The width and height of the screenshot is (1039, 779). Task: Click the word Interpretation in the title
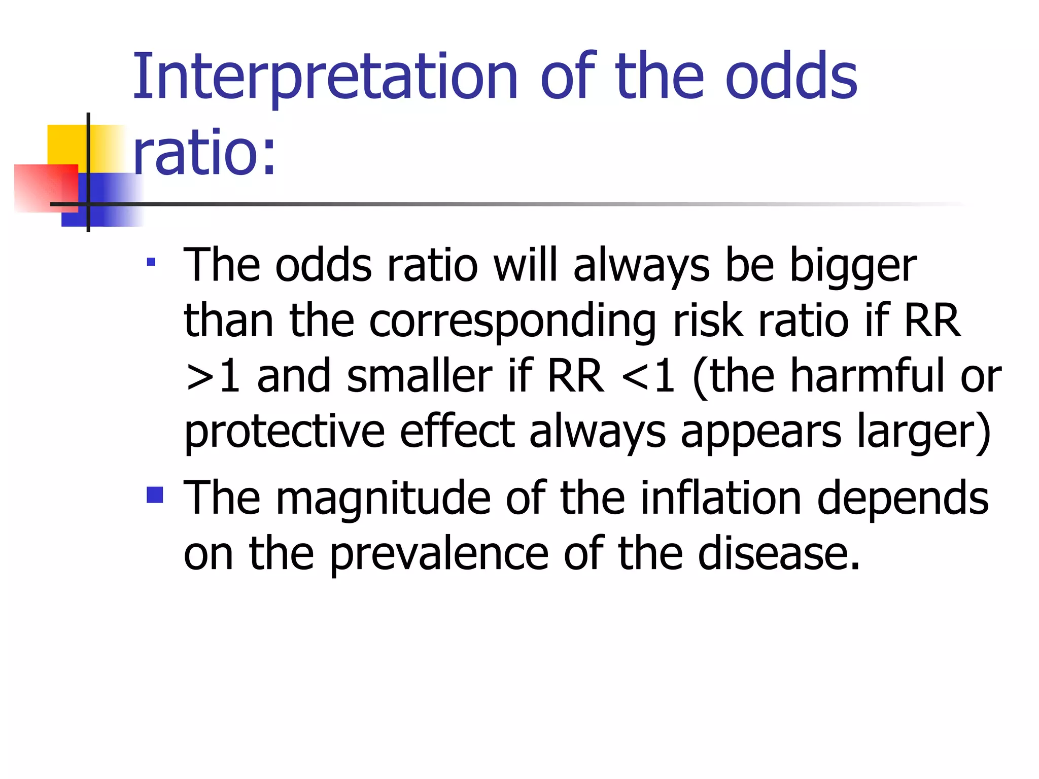(x=325, y=77)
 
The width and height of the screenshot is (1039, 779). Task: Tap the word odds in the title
(x=791, y=77)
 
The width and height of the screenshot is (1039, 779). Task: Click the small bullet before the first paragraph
(x=151, y=263)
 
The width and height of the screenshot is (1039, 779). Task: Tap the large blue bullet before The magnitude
(x=155, y=494)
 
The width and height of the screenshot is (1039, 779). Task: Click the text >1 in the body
(x=213, y=376)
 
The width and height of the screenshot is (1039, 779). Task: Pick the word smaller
(x=419, y=376)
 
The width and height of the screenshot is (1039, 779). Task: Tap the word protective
(x=284, y=432)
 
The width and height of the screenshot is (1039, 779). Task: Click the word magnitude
(x=383, y=499)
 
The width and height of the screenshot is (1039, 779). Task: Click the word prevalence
(x=439, y=554)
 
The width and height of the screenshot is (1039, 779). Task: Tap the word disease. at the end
(x=779, y=554)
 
